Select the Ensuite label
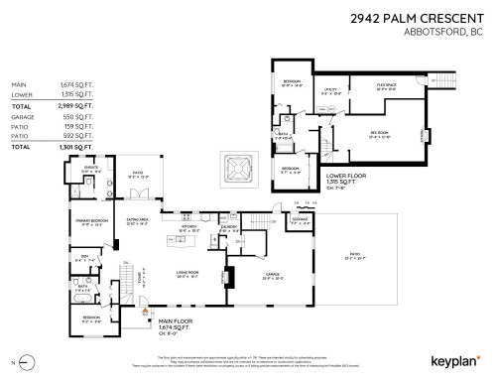91,170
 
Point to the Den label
86,260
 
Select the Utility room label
331,90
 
